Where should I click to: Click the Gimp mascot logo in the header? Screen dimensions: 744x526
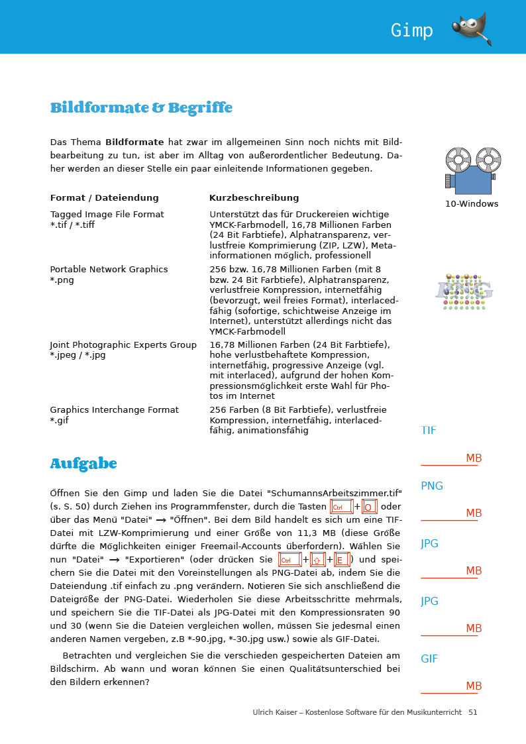472,29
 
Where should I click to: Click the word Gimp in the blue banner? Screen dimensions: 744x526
411,30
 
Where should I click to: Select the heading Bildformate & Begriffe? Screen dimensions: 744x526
141,107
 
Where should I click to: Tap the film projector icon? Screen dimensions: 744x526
472,171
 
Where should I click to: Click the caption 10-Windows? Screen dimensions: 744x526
472,204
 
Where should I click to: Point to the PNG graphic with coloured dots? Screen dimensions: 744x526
464,290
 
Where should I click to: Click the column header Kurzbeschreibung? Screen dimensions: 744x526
254,198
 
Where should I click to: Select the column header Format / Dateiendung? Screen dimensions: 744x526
105,198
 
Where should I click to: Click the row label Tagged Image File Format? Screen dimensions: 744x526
107,215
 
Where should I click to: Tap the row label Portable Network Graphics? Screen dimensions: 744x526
109,270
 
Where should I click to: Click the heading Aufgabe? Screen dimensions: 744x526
83,464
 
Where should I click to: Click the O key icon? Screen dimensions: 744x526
370,507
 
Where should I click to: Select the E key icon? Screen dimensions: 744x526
342,560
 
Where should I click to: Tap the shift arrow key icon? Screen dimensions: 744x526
318,560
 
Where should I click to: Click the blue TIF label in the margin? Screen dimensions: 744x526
429,431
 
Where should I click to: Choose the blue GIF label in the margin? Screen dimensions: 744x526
429,659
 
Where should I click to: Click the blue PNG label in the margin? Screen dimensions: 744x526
432,486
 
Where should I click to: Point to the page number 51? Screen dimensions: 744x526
472,712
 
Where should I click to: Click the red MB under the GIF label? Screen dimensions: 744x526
474,686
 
